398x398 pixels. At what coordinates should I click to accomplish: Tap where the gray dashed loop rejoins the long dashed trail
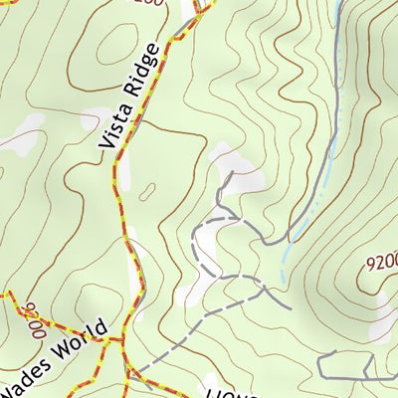(x=264, y=290)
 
